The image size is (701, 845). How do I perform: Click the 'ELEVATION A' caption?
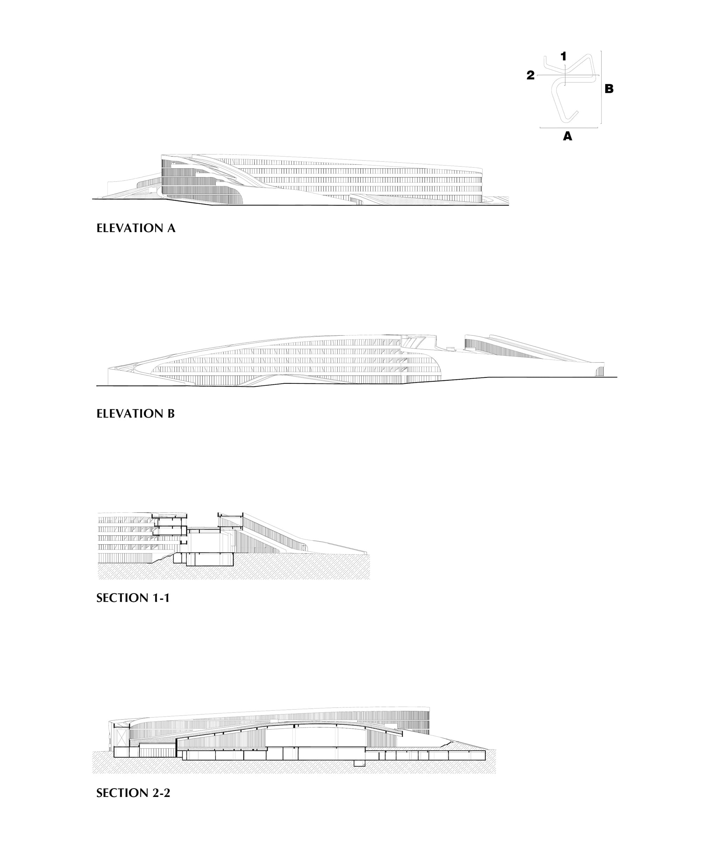click(x=136, y=228)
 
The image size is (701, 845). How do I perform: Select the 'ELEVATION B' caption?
click(x=136, y=414)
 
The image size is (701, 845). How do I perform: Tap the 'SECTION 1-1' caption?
click(x=133, y=598)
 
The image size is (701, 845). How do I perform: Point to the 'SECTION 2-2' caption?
click(x=133, y=793)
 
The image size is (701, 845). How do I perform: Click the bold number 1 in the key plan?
click(x=564, y=56)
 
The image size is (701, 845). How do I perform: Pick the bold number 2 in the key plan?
click(x=531, y=75)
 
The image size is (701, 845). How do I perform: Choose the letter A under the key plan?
click(x=567, y=136)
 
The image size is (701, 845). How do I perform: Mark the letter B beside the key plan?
click(x=609, y=89)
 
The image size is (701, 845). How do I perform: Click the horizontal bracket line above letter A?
click(x=569, y=128)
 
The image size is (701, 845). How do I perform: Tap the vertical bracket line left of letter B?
click(x=601, y=87)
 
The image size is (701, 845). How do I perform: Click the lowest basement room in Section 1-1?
click(x=210, y=559)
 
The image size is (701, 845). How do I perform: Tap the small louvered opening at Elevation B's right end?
click(x=600, y=371)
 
